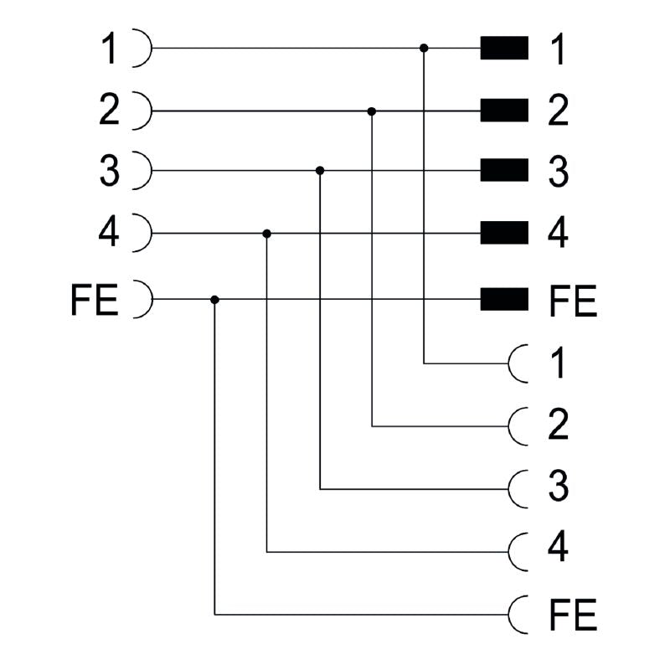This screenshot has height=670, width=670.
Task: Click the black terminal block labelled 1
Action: pyautogui.click(x=504, y=49)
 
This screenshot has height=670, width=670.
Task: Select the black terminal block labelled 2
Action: pyautogui.click(x=504, y=111)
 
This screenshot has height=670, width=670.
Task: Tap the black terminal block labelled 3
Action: pyautogui.click(x=504, y=171)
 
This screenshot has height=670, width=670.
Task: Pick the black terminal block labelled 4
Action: pyautogui.click(x=504, y=233)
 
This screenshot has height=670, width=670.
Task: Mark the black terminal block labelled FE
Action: pyautogui.click(x=504, y=298)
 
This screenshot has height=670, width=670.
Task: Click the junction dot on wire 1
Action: pyautogui.click(x=424, y=49)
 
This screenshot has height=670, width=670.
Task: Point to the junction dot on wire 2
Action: pyautogui.click(x=372, y=111)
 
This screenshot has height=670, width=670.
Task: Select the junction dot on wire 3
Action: pyautogui.click(x=320, y=171)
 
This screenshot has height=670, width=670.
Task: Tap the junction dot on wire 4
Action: pyautogui.click(x=267, y=233)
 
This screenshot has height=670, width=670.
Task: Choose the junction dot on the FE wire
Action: pyautogui.click(x=215, y=299)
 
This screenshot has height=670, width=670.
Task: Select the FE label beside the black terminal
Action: pyautogui.click(x=573, y=301)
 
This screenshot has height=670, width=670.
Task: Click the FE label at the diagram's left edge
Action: pyautogui.click(x=95, y=299)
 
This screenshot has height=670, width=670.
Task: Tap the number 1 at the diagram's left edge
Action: pyautogui.click(x=110, y=49)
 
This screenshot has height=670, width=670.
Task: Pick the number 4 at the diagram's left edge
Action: pyautogui.click(x=109, y=233)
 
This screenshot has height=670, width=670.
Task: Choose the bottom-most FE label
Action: pyautogui.click(x=573, y=616)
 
